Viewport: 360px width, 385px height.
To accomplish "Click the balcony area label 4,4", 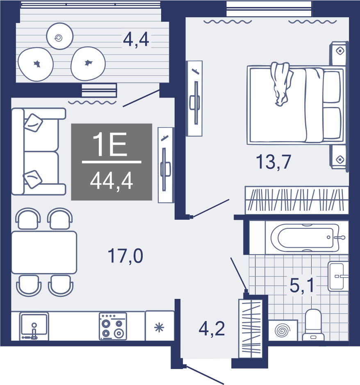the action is (x=136, y=40).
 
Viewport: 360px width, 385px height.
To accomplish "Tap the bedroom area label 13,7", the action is (x=273, y=162).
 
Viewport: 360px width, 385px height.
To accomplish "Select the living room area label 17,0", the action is (x=125, y=256).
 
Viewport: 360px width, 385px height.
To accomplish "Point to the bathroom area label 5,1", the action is (x=302, y=285).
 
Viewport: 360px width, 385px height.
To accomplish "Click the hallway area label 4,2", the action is (x=212, y=329).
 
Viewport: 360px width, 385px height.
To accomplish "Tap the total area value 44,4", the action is (x=112, y=181).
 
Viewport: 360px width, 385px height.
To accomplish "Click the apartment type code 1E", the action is (x=110, y=144).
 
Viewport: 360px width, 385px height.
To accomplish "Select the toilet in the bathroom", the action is (x=313, y=325).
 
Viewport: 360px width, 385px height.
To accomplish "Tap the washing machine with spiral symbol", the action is (x=283, y=330).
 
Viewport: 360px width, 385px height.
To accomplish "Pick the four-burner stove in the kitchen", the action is (x=113, y=326).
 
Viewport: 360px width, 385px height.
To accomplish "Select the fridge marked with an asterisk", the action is (x=159, y=326).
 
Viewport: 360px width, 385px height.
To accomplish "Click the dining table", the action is (x=44, y=253).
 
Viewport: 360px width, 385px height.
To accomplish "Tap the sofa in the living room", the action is (x=39, y=151).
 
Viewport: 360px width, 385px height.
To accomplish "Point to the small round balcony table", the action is (x=60, y=36).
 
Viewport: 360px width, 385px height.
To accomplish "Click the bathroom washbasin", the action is (x=338, y=276).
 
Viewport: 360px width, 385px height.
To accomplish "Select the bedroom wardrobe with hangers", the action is (x=297, y=200).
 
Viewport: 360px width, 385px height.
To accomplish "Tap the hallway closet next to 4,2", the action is (x=251, y=328).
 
